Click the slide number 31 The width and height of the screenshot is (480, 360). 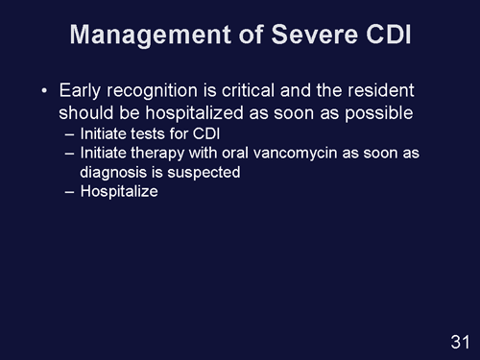[x=459, y=342]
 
